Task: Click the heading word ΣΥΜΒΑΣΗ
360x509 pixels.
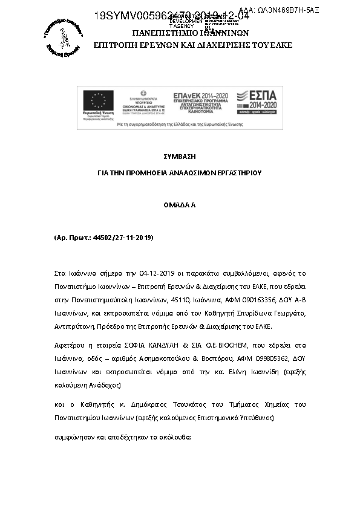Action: pyautogui.click(x=180, y=156)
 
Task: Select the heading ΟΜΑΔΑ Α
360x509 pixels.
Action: pyautogui.click(x=180, y=205)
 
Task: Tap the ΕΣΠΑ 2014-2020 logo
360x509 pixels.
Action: pyautogui.click(x=257, y=102)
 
